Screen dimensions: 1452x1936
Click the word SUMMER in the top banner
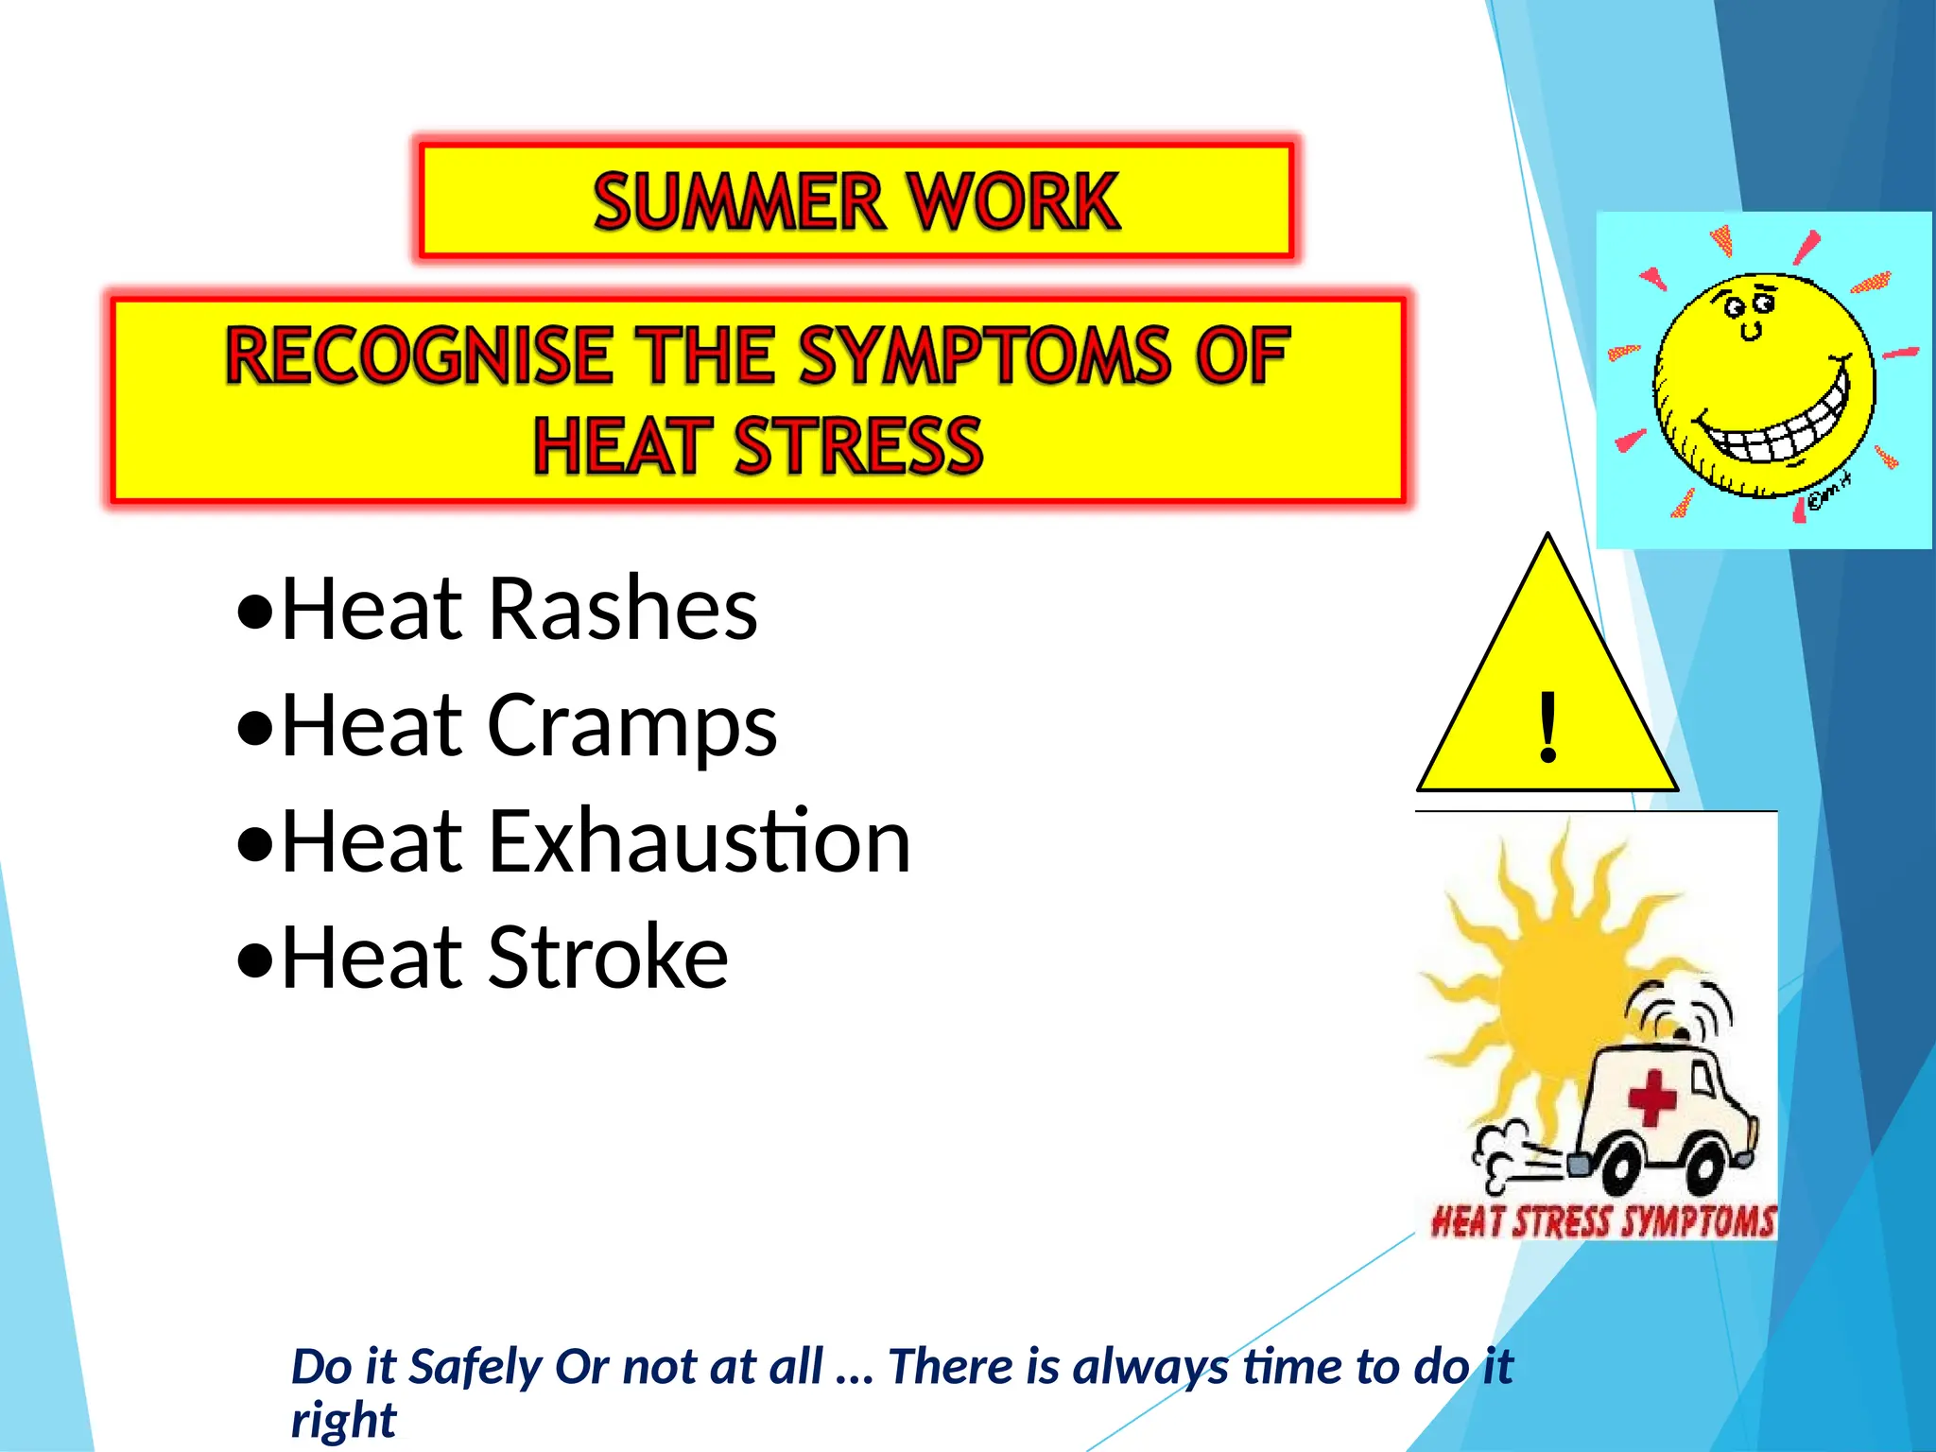point(738,201)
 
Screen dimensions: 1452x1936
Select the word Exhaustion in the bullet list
point(699,841)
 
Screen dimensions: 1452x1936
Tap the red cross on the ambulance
point(1651,1098)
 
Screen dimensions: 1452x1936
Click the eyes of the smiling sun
point(1750,305)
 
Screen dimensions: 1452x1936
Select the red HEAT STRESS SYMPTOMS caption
point(1603,1220)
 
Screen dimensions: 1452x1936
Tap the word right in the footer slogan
point(343,1421)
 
